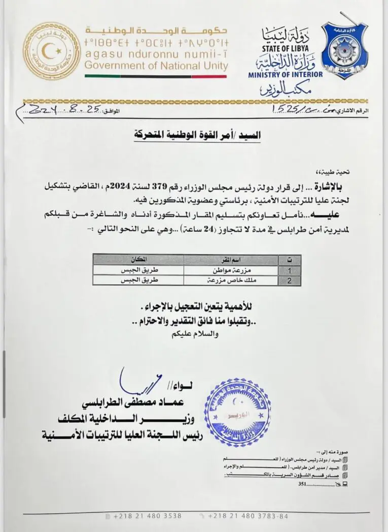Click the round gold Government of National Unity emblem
coord(52,51)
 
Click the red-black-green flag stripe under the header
coord(156,77)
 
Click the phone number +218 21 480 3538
coord(147,516)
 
